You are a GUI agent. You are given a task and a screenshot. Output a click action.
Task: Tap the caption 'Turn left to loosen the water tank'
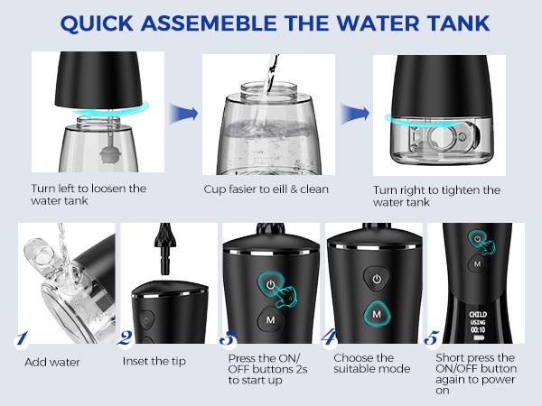(x=89, y=196)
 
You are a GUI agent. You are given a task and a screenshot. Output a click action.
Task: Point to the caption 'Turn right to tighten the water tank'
(x=436, y=196)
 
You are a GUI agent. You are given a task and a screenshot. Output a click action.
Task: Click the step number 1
(x=19, y=342)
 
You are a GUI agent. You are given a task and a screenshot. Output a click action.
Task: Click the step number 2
(x=126, y=342)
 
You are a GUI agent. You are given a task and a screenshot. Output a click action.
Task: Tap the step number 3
(x=230, y=342)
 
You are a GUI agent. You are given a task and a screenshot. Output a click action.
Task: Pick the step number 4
(x=332, y=342)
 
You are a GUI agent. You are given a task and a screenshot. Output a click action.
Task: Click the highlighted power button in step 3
(x=271, y=285)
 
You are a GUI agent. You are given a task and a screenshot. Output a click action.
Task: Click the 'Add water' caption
(x=52, y=362)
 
